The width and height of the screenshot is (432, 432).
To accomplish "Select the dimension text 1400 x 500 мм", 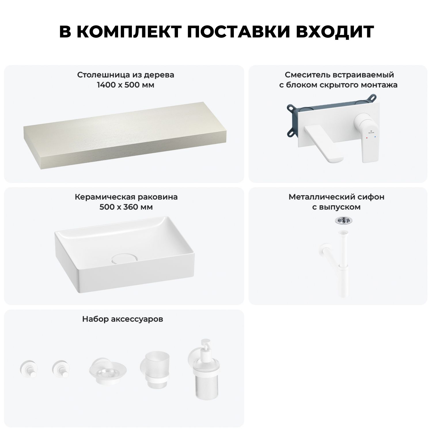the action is coord(126,85).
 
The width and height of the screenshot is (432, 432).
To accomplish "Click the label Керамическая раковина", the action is coord(126,197).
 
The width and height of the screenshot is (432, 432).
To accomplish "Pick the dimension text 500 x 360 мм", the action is coord(126,207).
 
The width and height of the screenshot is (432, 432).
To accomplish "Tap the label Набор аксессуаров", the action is coord(123,319).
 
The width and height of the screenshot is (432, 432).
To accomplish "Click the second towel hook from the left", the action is coord(60,369).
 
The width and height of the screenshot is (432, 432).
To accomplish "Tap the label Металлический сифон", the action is coord(336,197).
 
